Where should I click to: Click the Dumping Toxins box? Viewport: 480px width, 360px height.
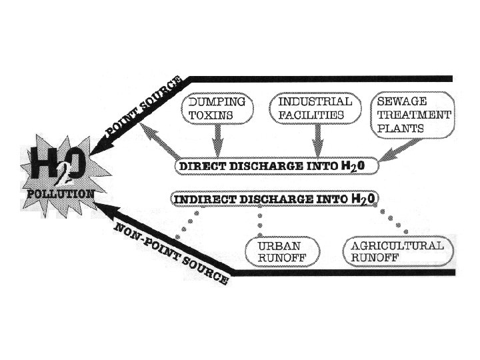tap(217, 109)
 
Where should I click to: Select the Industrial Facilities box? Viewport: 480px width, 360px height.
tap(315, 109)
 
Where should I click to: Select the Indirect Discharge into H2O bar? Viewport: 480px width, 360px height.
tap(274, 199)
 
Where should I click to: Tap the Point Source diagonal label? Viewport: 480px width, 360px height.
tap(145, 105)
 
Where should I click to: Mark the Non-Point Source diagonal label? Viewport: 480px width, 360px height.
tap(171, 254)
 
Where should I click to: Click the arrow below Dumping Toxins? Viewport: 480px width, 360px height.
tap(216, 141)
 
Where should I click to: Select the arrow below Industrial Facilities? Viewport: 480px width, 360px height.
tap(317, 141)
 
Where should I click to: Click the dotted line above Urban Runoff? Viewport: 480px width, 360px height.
tap(260, 219)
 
